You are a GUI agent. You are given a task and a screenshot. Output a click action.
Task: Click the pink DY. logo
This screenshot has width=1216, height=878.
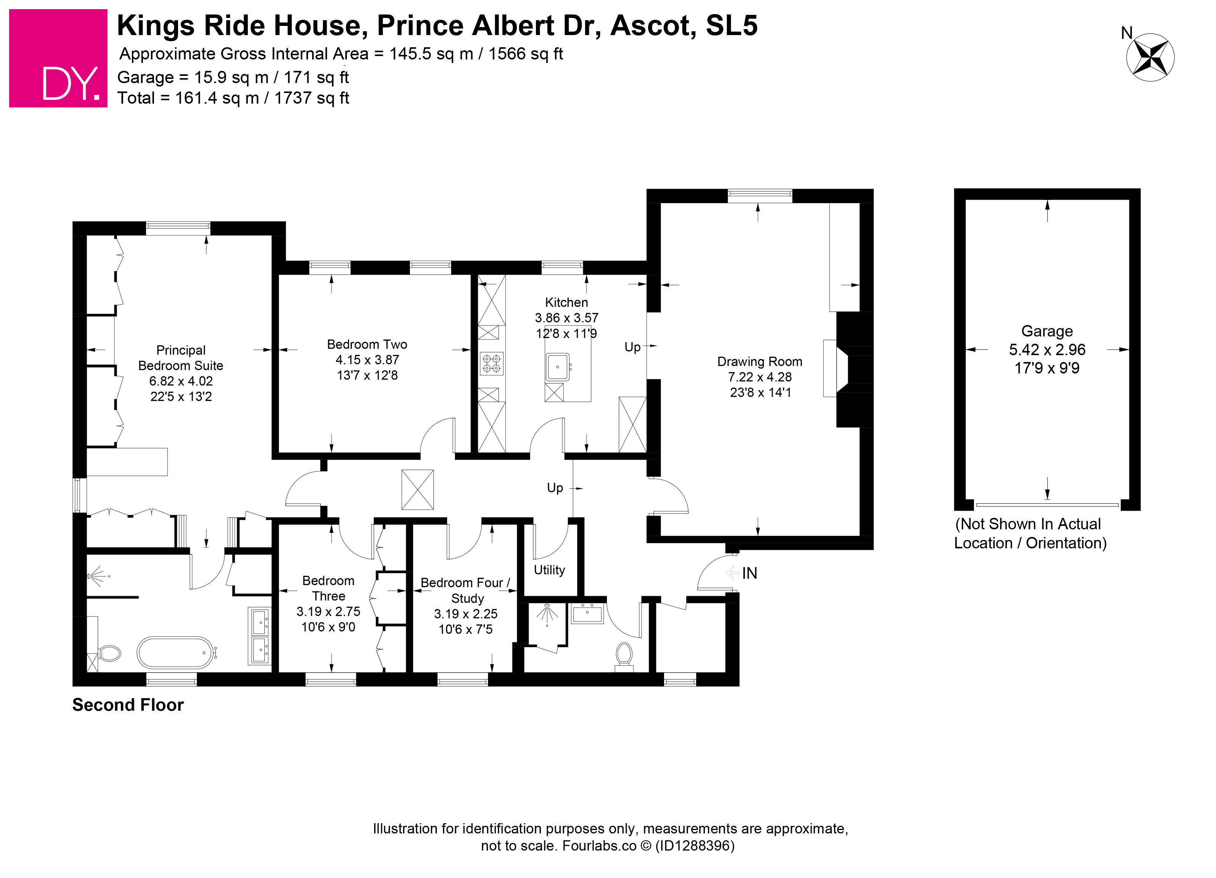[x=58, y=58]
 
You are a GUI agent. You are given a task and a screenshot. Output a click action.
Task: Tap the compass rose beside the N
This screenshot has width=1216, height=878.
[x=1150, y=58]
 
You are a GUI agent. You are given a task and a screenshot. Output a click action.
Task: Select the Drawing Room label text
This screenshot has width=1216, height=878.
[x=760, y=361]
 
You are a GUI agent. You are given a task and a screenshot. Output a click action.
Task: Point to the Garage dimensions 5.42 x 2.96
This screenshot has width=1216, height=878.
[x=1047, y=349]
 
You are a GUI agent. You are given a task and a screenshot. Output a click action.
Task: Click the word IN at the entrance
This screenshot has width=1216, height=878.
[x=749, y=573]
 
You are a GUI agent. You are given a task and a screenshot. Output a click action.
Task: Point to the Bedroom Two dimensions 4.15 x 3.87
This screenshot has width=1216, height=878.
[x=367, y=360]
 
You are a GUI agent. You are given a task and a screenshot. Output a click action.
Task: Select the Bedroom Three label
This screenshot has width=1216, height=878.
[x=328, y=588]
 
